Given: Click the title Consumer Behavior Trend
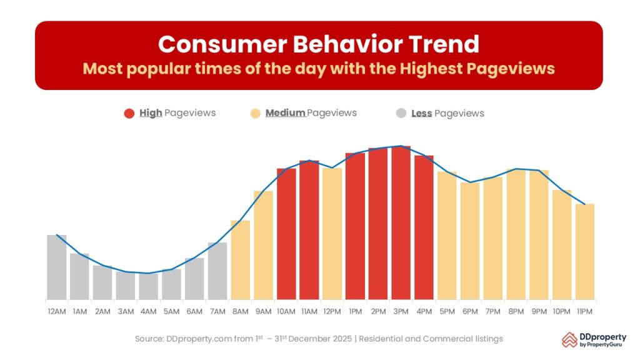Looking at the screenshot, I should (x=319, y=44).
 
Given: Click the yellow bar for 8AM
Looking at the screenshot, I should (x=241, y=259).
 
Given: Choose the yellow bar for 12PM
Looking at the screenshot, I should (x=332, y=234).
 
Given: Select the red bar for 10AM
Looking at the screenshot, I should (x=286, y=234).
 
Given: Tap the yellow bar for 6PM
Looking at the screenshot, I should (x=469, y=241).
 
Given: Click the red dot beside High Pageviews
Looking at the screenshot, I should (x=129, y=113).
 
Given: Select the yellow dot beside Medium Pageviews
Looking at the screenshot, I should (x=255, y=113).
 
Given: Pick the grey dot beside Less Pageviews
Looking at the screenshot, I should (x=401, y=113).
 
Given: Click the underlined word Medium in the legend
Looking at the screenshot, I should (x=285, y=113).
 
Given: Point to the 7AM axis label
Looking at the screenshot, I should (x=217, y=311).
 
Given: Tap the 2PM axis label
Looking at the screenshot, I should (x=378, y=311).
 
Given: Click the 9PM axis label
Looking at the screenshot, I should (x=539, y=311).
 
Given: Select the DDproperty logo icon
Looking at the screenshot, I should (x=569, y=339).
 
